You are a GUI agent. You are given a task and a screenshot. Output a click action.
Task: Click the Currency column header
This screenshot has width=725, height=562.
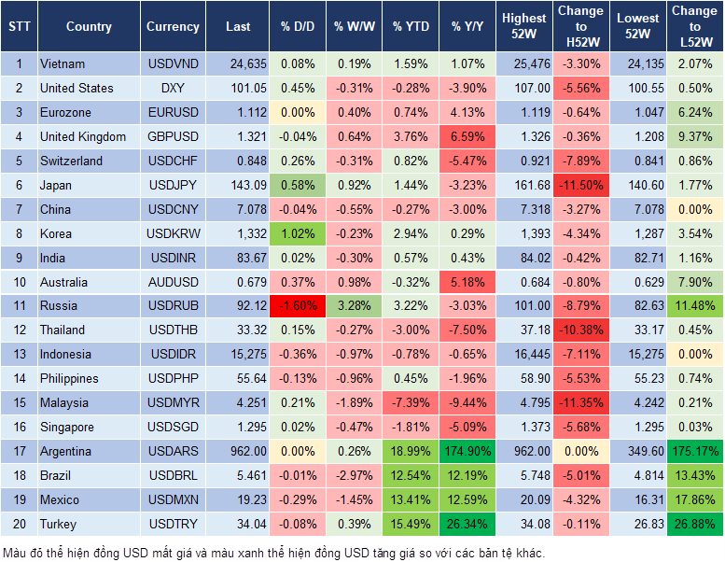coord(173,27)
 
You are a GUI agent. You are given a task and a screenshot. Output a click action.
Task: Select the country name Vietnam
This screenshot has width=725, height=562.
coord(63,64)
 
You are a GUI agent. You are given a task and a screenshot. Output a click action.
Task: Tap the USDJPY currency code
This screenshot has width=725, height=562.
coord(173,186)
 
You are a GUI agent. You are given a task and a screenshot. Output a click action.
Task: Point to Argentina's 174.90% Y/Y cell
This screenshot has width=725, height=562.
coord(469,452)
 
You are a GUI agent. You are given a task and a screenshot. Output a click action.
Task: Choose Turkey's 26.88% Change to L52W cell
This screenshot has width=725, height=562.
coord(694,525)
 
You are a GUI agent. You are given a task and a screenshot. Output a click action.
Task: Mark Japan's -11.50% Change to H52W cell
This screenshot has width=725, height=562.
coord(580,186)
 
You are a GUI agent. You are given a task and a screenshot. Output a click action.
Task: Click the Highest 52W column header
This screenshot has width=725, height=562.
coord(523,27)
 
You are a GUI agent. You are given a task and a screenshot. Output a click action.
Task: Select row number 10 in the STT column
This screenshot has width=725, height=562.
coord(19,282)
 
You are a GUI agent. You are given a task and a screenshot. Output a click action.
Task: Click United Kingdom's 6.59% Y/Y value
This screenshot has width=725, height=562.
coord(469,137)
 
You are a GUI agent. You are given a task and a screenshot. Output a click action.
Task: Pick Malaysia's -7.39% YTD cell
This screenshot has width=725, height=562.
coord(411,403)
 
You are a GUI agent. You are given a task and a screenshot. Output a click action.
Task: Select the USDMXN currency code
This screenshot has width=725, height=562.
coord(173,500)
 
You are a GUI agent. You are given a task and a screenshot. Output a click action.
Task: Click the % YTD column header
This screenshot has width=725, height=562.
coord(411,27)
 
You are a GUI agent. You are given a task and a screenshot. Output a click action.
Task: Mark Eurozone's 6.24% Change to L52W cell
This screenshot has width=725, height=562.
coord(694,113)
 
